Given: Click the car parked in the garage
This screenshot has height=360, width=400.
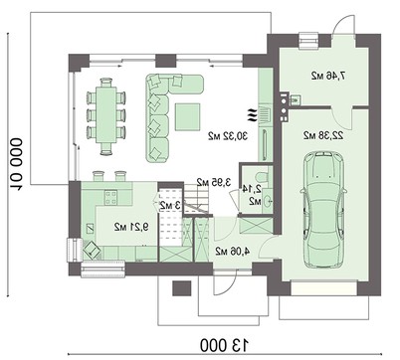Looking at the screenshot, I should click(x=323, y=206).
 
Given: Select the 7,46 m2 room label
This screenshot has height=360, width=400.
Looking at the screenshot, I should click(x=325, y=74).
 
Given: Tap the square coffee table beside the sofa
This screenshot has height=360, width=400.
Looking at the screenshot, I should click(x=188, y=117).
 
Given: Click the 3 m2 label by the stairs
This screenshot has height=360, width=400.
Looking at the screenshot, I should click(x=171, y=205).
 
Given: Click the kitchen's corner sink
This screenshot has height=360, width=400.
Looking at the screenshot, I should click(x=91, y=248).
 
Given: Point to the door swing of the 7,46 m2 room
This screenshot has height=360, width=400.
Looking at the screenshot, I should click(x=343, y=22).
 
